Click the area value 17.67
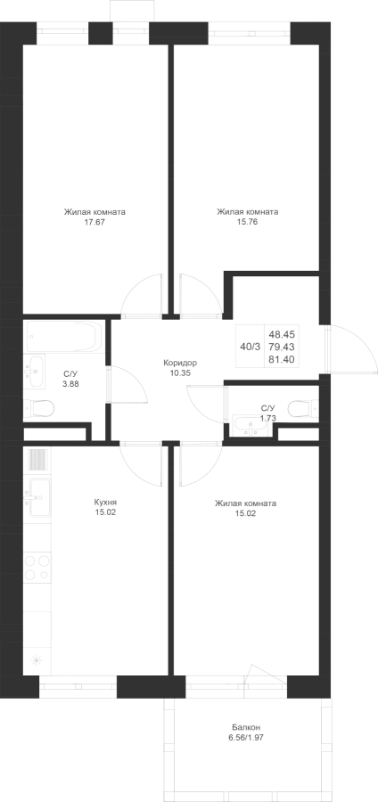point(94,222)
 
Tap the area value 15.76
point(247,222)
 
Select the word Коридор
point(180,363)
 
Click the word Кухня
point(105,503)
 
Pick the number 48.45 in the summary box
point(282,334)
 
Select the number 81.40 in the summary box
point(282,360)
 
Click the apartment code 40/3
point(251,347)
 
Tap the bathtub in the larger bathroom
point(64,337)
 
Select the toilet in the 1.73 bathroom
point(302,409)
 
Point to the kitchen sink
point(39,497)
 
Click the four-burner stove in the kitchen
point(37,567)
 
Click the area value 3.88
point(70,383)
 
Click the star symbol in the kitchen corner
point(37,660)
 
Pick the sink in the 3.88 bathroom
point(35,371)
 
